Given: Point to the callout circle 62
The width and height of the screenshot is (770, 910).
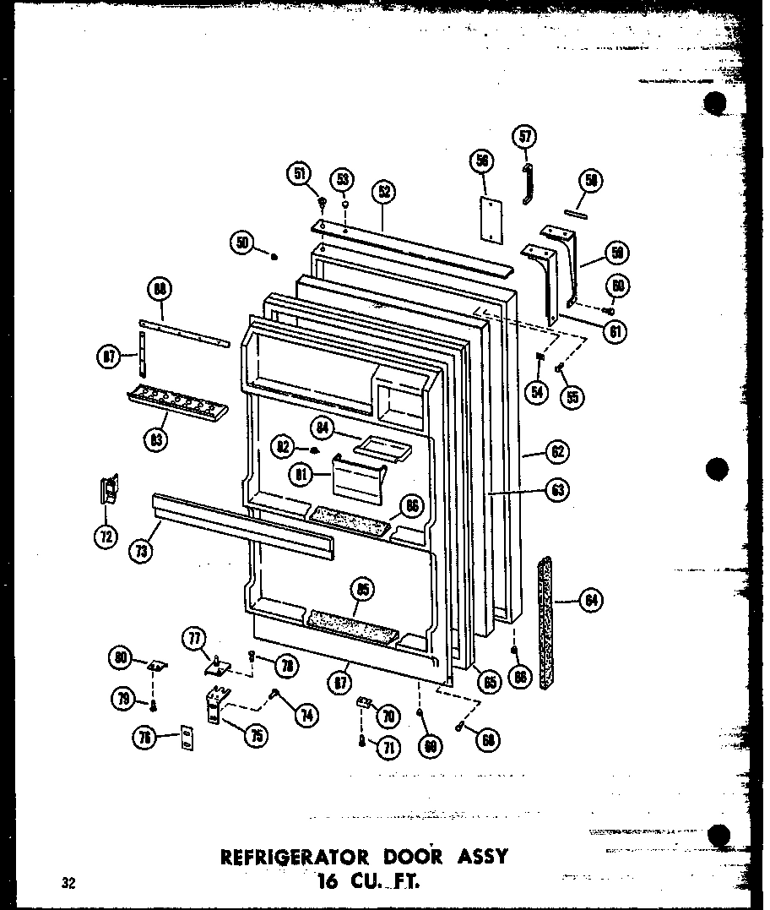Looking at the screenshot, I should (x=557, y=452).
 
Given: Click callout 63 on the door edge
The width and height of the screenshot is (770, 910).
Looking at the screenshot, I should (x=557, y=489).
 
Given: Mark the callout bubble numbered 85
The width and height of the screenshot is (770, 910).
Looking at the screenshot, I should (x=365, y=589).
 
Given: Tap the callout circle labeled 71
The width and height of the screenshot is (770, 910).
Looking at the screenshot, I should (x=388, y=747).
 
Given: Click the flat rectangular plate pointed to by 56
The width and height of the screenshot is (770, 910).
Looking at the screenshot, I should (x=488, y=219).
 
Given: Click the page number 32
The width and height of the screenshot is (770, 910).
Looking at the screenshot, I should (x=68, y=884).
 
